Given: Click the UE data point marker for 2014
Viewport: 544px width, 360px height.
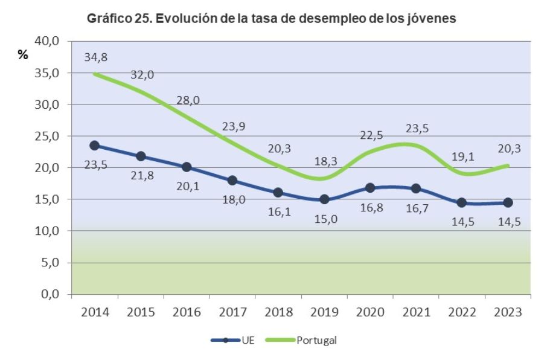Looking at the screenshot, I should (x=95, y=146).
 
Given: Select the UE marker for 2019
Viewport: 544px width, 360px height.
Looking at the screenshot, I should (x=324, y=199).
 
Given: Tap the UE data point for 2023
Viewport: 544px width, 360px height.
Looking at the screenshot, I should (x=508, y=202).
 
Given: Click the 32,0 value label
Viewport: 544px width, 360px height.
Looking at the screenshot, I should (x=142, y=75).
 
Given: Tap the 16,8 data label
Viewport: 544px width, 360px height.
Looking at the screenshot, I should (x=372, y=209).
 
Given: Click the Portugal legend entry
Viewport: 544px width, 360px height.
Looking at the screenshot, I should (x=310, y=340).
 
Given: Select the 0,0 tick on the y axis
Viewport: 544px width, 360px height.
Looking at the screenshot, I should (x=50, y=295).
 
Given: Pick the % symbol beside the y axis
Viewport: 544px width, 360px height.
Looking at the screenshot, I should (x=23, y=55).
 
